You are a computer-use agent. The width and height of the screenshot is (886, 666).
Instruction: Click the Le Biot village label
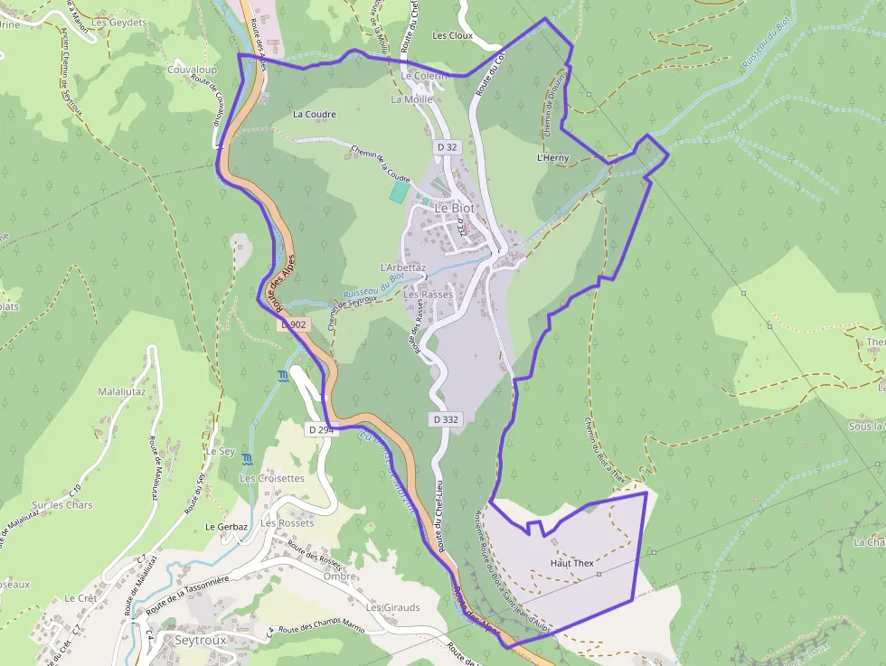click(454, 208)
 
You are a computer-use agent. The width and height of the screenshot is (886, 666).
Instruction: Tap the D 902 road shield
click(295, 324)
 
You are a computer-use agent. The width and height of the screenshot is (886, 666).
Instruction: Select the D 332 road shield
click(446, 419)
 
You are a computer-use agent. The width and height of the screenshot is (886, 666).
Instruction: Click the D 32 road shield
click(447, 146)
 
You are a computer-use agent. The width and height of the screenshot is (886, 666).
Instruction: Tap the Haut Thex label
click(571, 564)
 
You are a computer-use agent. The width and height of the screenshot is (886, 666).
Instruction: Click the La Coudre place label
click(315, 115)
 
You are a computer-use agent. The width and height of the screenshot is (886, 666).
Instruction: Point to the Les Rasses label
click(428, 295)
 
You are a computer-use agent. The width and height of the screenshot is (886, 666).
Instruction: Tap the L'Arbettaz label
click(403, 267)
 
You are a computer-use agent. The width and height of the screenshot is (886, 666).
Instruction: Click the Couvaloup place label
click(192, 69)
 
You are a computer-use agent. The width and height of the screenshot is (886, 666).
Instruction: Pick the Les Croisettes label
click(272, 478)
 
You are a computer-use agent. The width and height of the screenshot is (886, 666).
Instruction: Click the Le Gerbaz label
click(226, 526)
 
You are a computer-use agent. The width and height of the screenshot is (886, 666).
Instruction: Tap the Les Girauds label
click(393, 607)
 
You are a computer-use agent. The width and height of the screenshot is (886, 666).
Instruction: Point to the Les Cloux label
click(453, 36)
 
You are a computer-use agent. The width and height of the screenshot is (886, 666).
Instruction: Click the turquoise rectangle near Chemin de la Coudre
click(399, 192)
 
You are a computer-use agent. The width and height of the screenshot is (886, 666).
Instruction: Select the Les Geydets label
click(119, 23)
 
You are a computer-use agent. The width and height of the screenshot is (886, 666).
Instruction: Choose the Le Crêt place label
click(80, 598)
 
